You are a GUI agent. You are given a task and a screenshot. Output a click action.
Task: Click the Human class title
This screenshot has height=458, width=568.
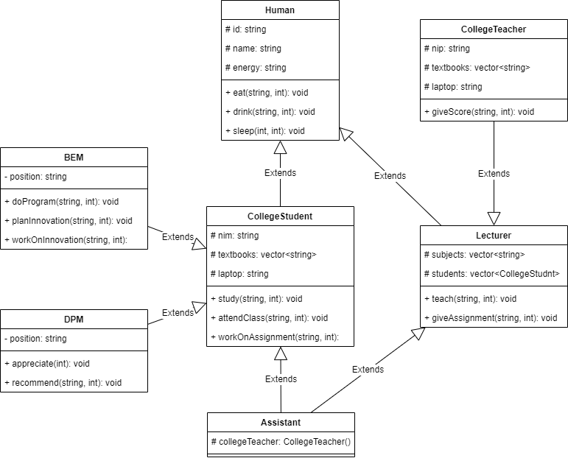280,10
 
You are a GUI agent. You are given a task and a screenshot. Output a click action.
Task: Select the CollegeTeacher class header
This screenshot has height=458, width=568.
494,29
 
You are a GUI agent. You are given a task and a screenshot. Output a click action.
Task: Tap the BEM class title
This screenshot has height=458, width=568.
74,158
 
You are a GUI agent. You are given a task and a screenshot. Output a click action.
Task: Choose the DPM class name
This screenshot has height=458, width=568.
74,320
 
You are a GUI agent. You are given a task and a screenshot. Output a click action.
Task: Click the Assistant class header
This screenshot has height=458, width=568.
281,423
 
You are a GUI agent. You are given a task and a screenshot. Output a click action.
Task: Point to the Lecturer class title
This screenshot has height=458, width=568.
494,236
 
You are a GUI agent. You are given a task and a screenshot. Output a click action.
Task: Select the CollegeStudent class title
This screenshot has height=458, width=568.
280,216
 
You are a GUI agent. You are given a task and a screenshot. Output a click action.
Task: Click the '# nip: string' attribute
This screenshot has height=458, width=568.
446,49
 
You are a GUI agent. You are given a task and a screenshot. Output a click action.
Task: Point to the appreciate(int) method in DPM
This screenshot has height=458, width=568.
46,364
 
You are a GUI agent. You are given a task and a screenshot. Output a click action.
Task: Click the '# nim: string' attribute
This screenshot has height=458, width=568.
234,236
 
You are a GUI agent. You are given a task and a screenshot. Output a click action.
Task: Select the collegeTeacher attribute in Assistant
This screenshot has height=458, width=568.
281,442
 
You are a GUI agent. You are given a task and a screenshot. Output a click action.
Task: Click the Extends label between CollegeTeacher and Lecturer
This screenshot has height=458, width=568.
494,174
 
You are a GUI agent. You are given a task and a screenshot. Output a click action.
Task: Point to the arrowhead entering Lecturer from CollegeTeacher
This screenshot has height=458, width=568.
494,219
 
